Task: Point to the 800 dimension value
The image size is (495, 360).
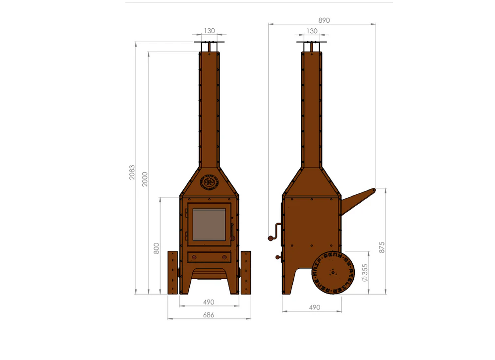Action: (157, 248)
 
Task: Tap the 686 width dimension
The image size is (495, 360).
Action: (209, 315)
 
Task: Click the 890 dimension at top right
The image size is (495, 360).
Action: (324, 20)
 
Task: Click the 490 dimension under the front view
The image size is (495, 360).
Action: (209, 302)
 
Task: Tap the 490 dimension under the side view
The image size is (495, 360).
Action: (314, 307)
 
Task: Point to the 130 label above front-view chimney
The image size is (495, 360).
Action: (209, 31)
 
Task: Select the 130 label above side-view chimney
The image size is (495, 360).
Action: (312, 31)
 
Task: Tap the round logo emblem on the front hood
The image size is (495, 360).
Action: (209, 182)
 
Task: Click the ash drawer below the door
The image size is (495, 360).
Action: (209, 257)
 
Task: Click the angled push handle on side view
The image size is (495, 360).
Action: (358, 198)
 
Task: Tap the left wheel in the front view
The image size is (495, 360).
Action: (172, 272)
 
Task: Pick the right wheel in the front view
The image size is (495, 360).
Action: (245, 272)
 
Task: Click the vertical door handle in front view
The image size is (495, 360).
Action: (231, 231)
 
